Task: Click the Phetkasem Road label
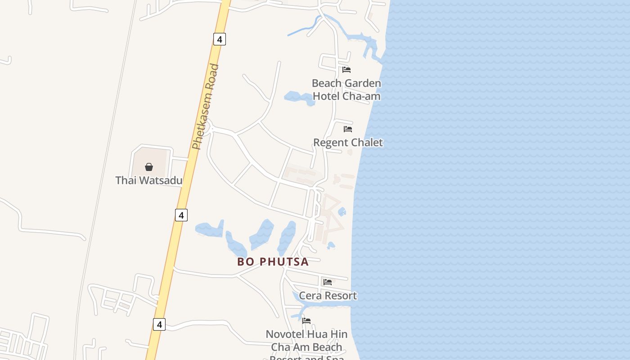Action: [205, 107]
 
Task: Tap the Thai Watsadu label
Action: [148, 180]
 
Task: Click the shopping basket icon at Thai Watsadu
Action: [149, 167]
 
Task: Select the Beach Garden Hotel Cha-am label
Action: [346, 90]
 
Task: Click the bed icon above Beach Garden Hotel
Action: [346, 70]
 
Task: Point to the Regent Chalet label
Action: [348, 143]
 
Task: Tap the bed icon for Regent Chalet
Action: [348, 129]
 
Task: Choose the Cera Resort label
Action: [328, 296]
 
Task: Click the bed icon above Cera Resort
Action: [328, 282]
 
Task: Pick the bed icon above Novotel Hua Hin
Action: [306, 321]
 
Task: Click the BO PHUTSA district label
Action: [273, 262]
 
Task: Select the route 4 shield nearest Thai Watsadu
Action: [181, 215]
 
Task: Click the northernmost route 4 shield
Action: [219, 39]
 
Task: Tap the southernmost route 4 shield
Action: [159, 324]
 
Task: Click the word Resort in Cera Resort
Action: [340, 296]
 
